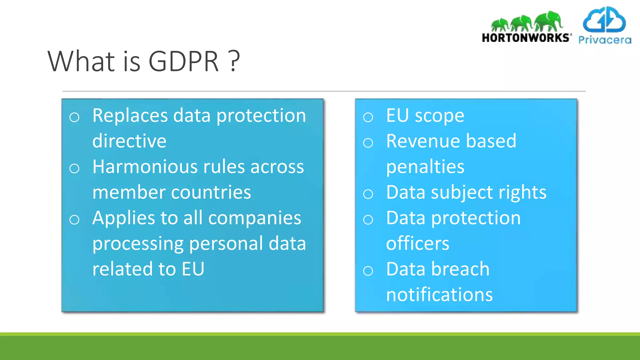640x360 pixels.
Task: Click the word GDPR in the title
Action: (183, 61)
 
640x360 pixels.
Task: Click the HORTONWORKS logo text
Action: (526, 38)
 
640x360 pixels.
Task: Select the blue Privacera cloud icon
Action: (604, 20)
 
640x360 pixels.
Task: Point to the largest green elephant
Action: (549, 21)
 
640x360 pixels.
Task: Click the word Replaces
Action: (130, 116)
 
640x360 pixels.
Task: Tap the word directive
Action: (129, 141)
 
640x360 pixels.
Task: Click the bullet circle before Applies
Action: (74, 220)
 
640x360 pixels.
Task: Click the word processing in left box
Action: (138, 244)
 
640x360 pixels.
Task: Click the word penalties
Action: (425, 167)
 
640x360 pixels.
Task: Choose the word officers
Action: (417, 243)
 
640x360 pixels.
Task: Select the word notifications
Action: (439, 295)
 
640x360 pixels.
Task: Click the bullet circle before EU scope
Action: (368, 117)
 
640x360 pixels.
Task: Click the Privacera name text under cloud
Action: (605, 40)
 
